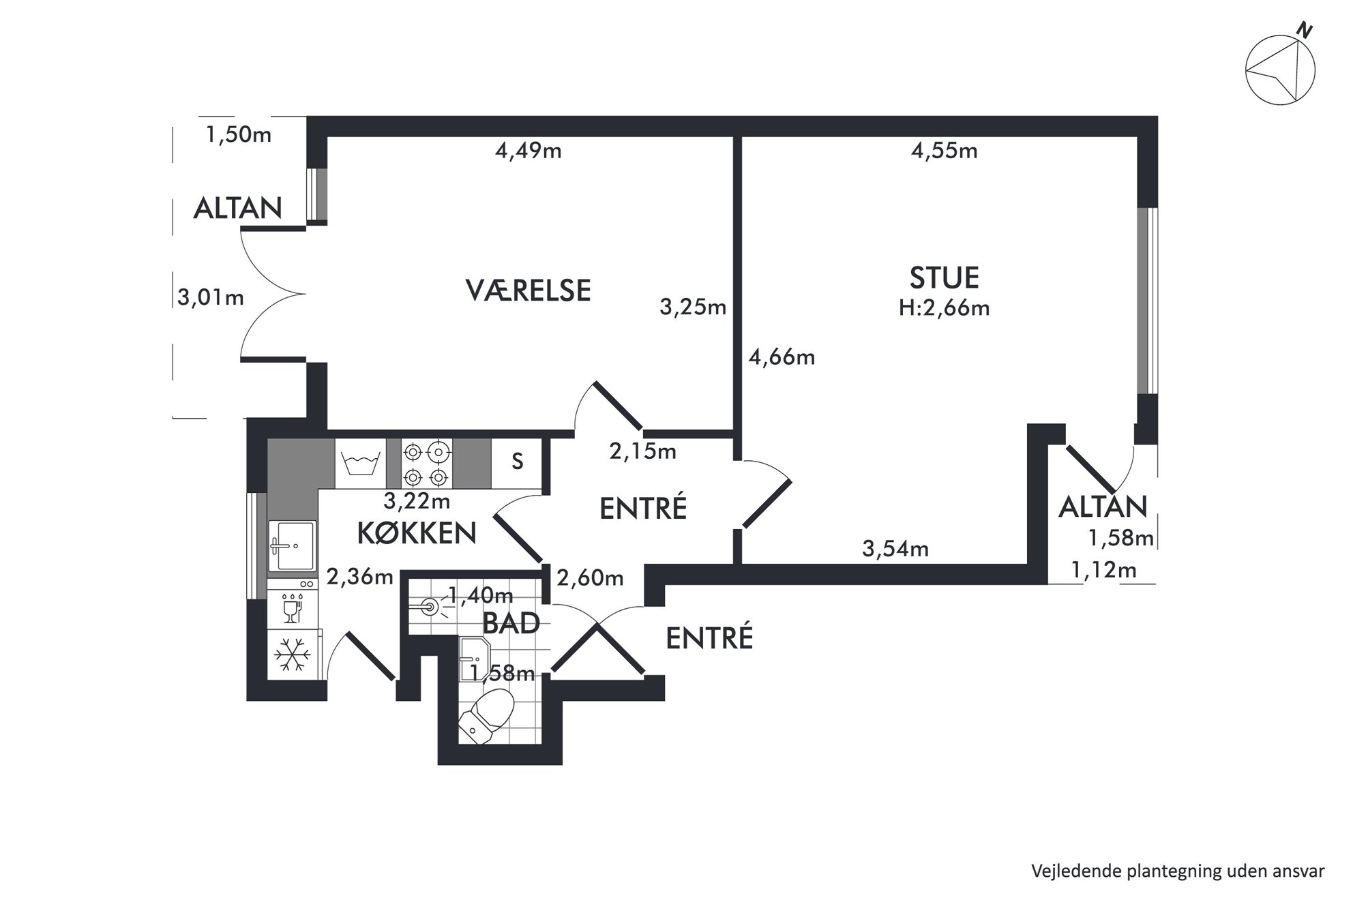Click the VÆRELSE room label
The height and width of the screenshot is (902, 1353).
tap(528, 290)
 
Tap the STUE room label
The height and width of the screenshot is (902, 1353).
tap(944, 278)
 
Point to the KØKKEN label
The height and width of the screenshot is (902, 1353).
tap(417, 533)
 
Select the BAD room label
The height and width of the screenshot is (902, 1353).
tap(511, 623)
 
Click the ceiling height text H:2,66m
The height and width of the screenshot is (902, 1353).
tap(944, 308)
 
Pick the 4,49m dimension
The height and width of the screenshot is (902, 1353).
tap(529, 151)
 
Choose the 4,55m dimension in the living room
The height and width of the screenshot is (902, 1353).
tap(945, 151)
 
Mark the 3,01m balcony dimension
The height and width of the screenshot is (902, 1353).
tap(211, 298)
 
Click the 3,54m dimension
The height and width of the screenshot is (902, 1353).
tap(895, 549)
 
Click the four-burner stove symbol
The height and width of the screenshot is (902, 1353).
tap(427, 464)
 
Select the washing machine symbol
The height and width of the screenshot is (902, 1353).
tap(360, 464)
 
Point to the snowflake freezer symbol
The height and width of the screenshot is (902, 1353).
tap(293, 655)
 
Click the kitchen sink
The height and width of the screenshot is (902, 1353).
tap(292, 545)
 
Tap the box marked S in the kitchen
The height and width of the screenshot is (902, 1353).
tap(517, 463)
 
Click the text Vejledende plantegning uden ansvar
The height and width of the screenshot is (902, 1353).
tap(1178, 871)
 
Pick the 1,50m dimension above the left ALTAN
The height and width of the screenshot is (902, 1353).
tap(239, 135)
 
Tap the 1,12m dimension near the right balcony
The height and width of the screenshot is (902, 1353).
tap(1104, 570)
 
